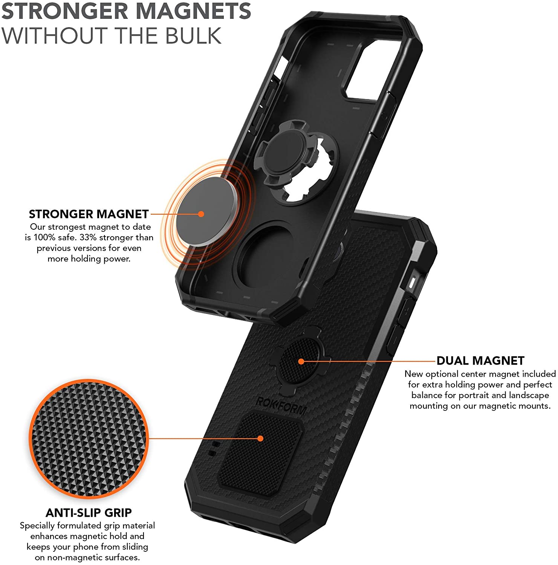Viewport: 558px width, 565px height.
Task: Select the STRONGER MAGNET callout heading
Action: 89,214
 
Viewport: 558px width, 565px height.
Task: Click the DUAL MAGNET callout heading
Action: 480,360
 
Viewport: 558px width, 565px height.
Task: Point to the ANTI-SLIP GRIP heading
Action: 89,513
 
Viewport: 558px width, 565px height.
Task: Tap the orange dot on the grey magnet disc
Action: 201,214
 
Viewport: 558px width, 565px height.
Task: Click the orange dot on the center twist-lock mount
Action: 301,361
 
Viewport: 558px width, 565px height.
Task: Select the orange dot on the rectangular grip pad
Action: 260,438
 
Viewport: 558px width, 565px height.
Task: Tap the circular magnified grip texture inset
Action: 89,439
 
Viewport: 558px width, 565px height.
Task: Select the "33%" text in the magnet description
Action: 88,238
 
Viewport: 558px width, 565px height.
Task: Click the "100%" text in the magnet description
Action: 44,238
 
